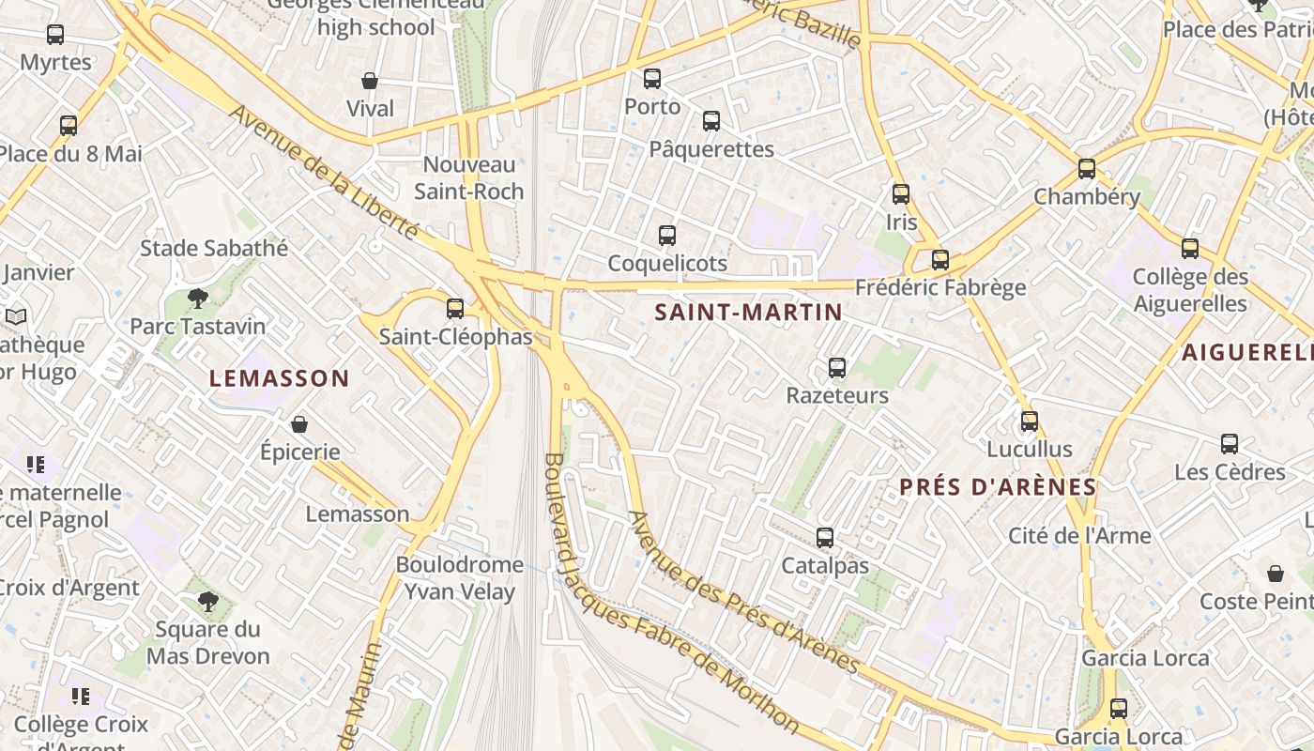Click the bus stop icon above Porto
click(x=651, y=79)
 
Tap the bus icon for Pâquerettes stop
click(x=711, y=121)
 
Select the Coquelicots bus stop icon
click(x=667, y=236)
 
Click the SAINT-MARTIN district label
click(x=748, y=313)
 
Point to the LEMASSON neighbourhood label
click(x=279, y=379)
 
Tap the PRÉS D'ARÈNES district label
click(x=998, y=487)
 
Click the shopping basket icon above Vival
click(x=370, y=82)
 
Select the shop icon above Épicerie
click(x=299, y=425)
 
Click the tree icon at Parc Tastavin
click(x=197, y=299)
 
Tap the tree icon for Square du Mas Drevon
click(x=208, y=602)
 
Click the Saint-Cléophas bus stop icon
click(x=455, y=308)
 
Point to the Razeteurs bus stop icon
click(x=837, y=368)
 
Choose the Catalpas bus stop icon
click(x=825, y=539)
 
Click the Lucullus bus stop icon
click(x=1030, y=421)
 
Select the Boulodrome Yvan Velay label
click(x=460, y=577)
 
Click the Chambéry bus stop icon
click(x=1087, y=169)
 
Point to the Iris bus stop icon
click(x=901, y=194)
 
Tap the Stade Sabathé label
click(x=214, y=249)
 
